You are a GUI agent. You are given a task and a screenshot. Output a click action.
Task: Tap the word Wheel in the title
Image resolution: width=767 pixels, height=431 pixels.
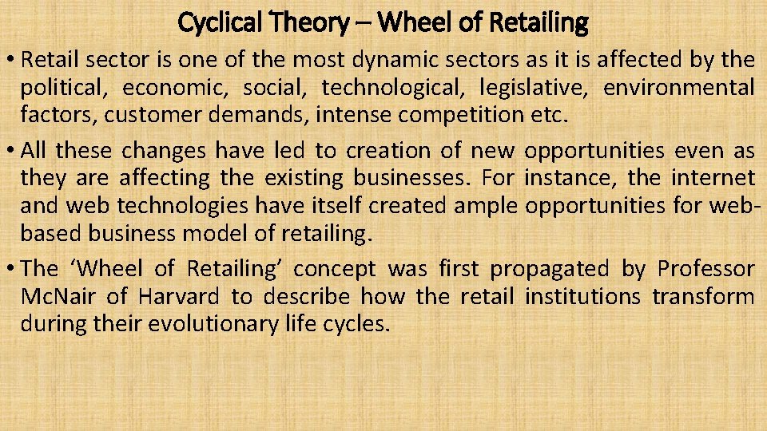pyautogui.click(x=409, y=22)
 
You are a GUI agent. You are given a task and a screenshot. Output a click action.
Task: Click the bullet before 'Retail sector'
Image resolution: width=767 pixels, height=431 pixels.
pyautogui.click(x=11, y=59)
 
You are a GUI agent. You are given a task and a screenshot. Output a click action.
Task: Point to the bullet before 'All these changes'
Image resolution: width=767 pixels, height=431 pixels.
pyautogui.click(x=11, y=149)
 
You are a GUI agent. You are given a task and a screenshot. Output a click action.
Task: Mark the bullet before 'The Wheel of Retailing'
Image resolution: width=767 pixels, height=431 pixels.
pyautogui.click(x=11, y=268)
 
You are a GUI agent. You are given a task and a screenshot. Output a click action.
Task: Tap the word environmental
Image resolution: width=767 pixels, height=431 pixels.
pyautogui.click(x=678, y=87)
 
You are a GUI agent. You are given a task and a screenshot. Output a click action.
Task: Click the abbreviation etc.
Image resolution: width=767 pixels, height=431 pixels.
pyautogui.click(x=549, y=115)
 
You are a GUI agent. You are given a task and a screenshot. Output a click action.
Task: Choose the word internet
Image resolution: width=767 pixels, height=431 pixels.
pyautogui.click(x=712, y=176)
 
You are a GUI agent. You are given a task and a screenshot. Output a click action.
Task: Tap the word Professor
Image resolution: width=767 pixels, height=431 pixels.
pyautogui.click(x=705, y=268)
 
